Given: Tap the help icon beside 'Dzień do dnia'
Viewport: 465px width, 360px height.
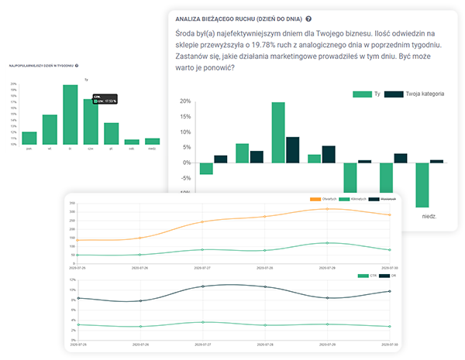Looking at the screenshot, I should pos(309,18).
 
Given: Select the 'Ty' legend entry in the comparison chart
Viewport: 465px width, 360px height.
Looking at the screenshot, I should pos(367,94).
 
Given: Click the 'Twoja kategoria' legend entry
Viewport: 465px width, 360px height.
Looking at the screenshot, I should pos(418,94).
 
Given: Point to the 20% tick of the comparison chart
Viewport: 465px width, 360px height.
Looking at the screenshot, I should pos(184,101).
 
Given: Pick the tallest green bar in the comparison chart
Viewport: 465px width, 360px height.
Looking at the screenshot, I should pos(277,132).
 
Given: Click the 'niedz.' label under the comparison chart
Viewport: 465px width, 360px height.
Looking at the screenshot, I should pos(428,217).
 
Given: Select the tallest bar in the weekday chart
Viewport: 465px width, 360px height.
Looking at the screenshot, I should pos(71,114).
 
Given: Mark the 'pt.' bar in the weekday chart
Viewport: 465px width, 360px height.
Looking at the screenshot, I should pos(112,133).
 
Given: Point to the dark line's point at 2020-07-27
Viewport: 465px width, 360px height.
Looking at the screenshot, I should pos(202,286).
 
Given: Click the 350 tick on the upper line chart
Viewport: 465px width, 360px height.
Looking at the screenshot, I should pos(71,203).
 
